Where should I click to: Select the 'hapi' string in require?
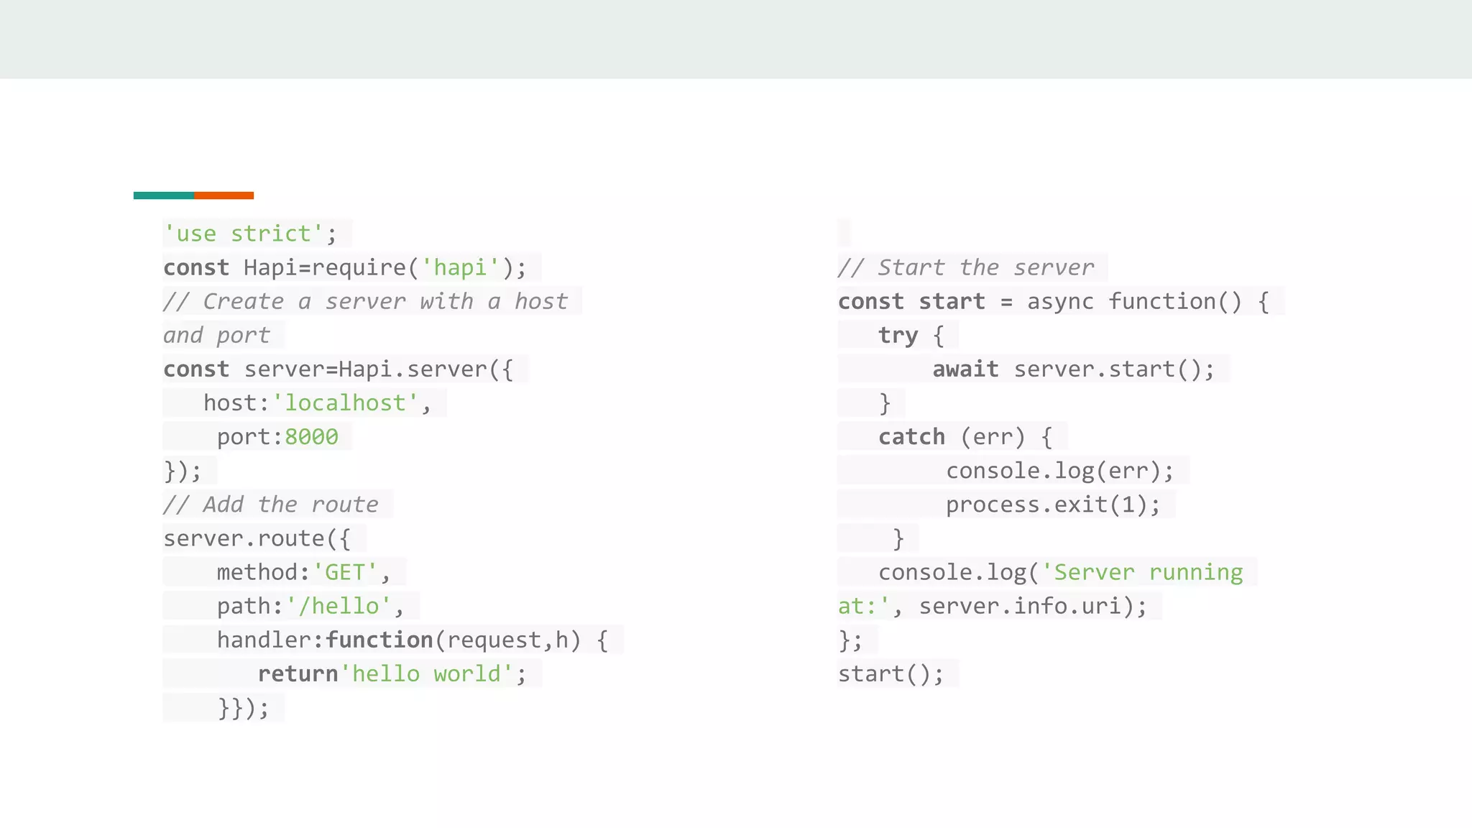click(x=460, y=267)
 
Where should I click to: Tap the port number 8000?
click(x=311, y=437)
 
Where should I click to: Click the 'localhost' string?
click(x=345, y=403)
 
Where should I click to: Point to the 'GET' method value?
click(x=345, y=573)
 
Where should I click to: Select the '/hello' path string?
click(x=339, y=607)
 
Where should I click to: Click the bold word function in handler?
click(x=379, y=640)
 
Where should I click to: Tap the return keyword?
click(x=298, y=674)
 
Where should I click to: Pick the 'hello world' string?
click(x=426, y=674)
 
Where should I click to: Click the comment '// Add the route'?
click(x=271, y=505)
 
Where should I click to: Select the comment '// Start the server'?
click(x=966, y=267)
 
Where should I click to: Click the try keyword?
click(x=898, y=336)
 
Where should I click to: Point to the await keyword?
click(x=965, y=369)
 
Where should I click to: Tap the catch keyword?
click(x=911, y=437)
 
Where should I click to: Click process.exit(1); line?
click(x=1053, y=505)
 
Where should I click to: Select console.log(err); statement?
click(x=1060, y=471)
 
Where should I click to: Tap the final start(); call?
click(x=891, y=674)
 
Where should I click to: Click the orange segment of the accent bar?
click(x=224, y=195)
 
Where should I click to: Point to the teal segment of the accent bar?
click(x=163, y=195)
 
